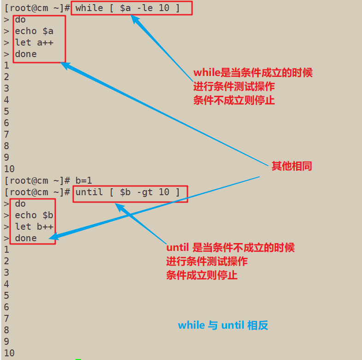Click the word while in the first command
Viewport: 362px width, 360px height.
[89, 8]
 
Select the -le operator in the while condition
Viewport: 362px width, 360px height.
[142, 8]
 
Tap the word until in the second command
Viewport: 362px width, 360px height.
[89, 192]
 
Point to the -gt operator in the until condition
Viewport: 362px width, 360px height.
[142, 192]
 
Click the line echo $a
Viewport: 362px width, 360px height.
[34, 31]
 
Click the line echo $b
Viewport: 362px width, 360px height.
[34, 215]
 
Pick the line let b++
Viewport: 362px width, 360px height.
[34, 226]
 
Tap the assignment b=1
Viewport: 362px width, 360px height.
[84, 180]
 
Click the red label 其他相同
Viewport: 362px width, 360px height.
[292, 166]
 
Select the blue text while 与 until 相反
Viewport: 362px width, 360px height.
[223, 325]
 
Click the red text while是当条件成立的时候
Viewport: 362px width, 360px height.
[253, 73]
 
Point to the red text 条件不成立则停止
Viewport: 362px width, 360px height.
[234, 100]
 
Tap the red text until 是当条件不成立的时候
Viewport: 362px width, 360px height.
[230, 248]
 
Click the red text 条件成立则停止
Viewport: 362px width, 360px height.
[202, 275]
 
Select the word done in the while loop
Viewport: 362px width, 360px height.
[26, 54]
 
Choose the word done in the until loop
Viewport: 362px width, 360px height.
[26, 238]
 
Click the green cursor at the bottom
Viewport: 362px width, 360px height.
[78, 358]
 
